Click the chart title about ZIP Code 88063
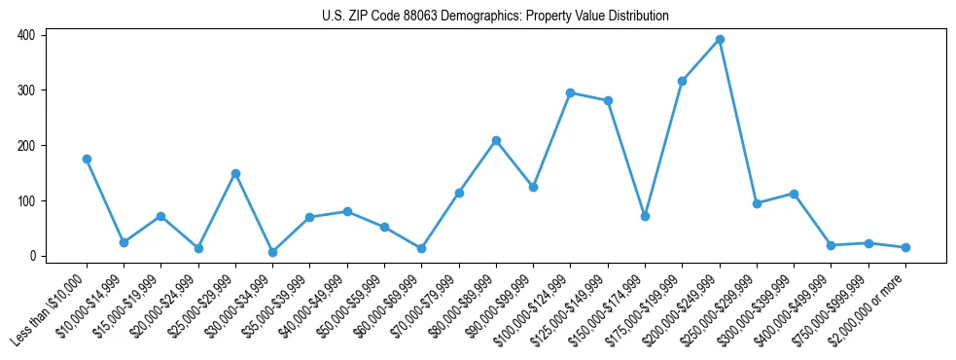[495, 16]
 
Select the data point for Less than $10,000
[87, 159]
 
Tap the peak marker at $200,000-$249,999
[720, 39]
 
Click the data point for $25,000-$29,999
[235, 173]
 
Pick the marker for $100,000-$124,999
[571, 92]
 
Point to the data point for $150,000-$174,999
[645, 216]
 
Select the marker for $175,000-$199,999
[683, 81]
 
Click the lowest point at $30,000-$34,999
[272, 252]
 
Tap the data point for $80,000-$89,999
[496, 140]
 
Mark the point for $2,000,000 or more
[905, 247]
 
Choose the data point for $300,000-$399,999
[795, 194]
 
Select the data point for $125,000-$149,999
[608, 100]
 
